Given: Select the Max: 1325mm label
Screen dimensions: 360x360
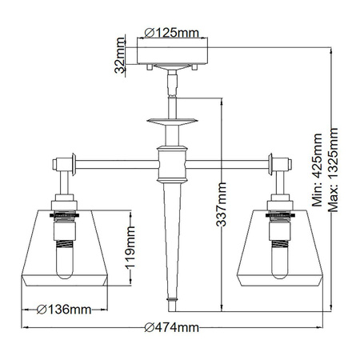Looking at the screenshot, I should point(334,171).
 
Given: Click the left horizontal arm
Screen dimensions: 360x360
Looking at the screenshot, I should point(116,166).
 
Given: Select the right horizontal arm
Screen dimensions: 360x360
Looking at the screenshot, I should point(228,166).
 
